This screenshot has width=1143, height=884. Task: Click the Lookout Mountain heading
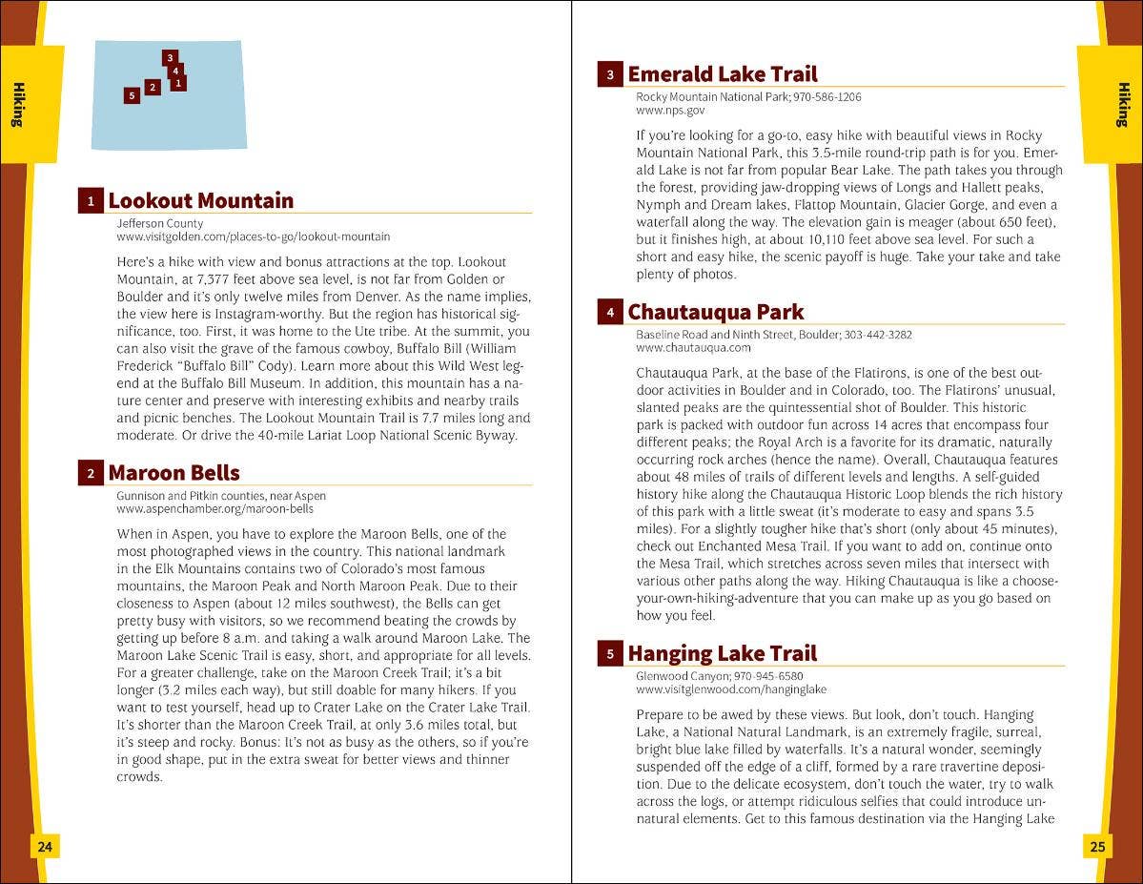click(200, 200)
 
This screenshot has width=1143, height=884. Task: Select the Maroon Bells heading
click(173, 473)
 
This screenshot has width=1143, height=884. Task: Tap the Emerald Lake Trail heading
click(722, 74)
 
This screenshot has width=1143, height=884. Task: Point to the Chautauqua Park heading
click(715, 312)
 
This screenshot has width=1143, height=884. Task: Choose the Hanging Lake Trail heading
click(722, 653)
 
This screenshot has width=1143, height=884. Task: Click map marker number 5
click(132, 95)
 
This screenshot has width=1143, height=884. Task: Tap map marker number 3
click(169, 58)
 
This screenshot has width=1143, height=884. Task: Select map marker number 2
click(152, 88)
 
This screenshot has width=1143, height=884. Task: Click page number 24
click(44, 846)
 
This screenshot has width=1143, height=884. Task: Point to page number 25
click(1098, 846)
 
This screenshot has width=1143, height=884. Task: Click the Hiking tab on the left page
click(19, 105)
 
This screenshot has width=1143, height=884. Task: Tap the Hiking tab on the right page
click(1123, 105)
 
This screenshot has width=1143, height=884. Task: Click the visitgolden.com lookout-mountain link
click(253, 236)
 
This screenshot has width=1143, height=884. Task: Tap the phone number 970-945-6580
click(768, 676)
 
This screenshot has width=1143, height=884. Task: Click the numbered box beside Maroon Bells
click(91, 473)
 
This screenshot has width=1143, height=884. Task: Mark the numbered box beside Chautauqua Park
click(610, 312)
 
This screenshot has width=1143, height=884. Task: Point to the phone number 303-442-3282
click(878, 335)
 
